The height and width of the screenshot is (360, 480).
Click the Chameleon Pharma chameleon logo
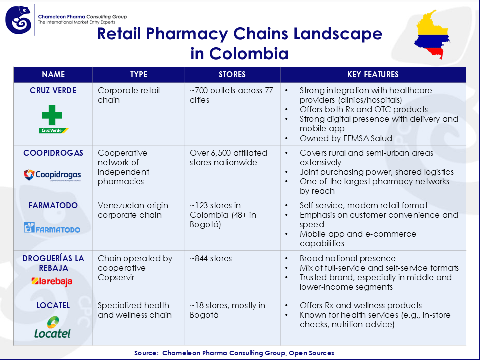click(19, 20)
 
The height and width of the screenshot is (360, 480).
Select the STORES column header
click(232, 75)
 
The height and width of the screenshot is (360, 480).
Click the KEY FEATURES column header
click(373, 75)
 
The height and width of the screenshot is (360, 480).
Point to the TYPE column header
click(139, 75)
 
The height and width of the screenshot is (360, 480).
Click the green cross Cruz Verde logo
click(53, 119)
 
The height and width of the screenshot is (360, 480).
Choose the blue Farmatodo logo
click(52, 228)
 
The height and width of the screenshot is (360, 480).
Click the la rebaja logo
click(52, 281)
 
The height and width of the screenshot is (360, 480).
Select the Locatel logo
click(52, 327)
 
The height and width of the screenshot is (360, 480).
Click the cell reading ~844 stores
click(211, 259)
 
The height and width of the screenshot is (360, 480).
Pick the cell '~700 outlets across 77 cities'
click(231, 95)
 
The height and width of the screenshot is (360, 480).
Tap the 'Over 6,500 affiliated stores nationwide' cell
click(228, 158)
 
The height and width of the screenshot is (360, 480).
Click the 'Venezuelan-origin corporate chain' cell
click(133, 210)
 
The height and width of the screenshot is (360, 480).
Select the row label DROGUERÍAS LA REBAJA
click(53, 263)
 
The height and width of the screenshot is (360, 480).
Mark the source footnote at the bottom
click(234, 353)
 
